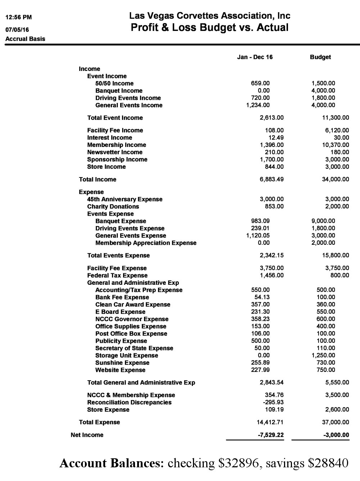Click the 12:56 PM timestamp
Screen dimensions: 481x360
[18, 17]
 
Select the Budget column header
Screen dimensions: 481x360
[320, 57]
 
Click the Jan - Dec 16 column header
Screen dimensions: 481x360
[255, 57]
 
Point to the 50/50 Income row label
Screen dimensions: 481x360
[114, 84]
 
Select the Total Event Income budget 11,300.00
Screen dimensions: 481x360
[335, 118]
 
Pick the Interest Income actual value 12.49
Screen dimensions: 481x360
[276, 138]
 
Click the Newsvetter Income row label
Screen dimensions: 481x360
[114, 152]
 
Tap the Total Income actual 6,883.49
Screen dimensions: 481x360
[271, 179]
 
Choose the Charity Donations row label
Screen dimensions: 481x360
[113, 207]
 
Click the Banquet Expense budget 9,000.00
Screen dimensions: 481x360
[323, 221]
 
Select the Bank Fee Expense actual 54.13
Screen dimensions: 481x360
[262, 297]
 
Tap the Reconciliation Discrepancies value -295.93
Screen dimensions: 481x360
[274, 403]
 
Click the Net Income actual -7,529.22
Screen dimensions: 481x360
[271, 435]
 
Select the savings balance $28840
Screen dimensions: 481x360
[328, 463]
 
